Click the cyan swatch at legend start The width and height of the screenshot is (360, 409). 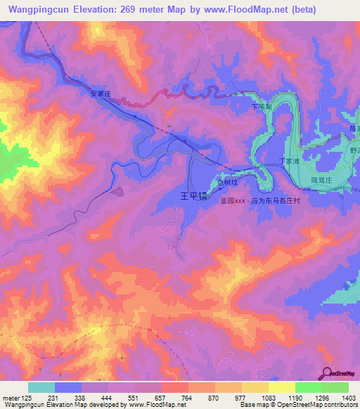[x=41, y=387]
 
